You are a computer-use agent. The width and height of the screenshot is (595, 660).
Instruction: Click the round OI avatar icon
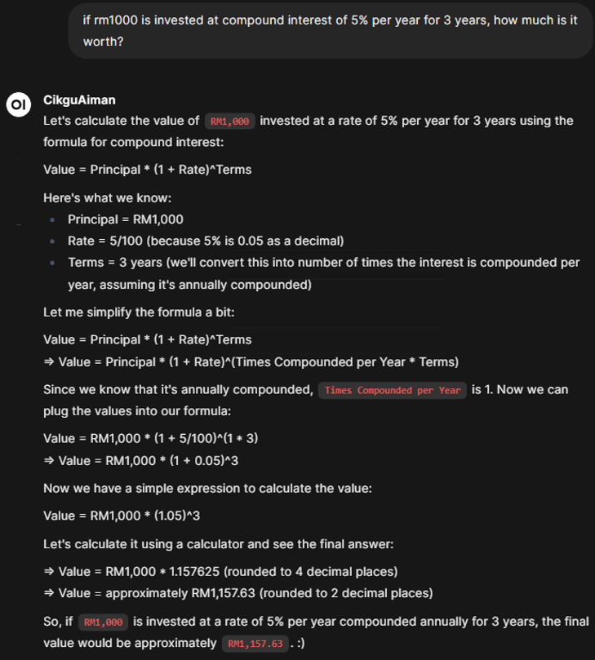point(18,104)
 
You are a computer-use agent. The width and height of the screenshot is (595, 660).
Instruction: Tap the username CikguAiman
point(79,100)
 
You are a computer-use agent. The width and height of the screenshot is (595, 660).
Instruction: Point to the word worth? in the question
point(103,41)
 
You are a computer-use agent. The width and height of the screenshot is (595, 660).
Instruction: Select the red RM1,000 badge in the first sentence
point(230,122)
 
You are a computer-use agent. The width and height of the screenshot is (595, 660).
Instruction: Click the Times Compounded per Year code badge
point(393,390)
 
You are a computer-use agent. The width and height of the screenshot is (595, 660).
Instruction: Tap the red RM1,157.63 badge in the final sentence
point(255,644)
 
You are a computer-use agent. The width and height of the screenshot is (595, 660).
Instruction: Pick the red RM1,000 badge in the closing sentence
point(104,622)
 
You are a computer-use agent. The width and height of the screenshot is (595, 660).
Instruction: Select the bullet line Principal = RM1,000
point(125,219)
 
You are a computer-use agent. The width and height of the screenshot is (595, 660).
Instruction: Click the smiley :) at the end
point(301,644)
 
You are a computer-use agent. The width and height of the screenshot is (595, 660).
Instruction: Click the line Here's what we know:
point(107,197)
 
